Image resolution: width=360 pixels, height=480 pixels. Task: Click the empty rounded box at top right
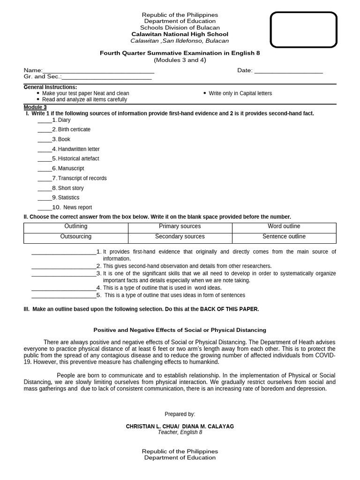coord(303,30)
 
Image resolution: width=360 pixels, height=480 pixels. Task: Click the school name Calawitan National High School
coord(180,34)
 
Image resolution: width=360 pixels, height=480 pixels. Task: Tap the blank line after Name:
coord(98,71)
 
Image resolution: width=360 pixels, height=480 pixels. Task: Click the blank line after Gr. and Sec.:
coord(107,77)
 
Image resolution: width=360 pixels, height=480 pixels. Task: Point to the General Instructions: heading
coord(50,87)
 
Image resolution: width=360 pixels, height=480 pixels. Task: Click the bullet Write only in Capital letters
coord(240,93)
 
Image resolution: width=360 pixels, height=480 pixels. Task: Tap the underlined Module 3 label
coord(35,107)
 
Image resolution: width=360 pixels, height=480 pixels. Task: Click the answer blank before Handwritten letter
coord(45,150)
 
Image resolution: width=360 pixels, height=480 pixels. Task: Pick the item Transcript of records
coord(82,178)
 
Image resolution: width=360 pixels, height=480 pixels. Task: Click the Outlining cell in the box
coord(76,226)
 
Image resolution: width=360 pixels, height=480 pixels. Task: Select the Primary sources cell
coord(180,226)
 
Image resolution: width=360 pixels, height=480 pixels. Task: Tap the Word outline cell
coord(284,226)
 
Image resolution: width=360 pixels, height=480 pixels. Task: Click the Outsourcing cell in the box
coord(76,237)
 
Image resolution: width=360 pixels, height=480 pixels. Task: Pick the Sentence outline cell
coord(284,237)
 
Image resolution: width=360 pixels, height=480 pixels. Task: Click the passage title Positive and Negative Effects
coord(180,330)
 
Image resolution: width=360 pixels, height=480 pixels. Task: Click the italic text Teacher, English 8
coord(180,433)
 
